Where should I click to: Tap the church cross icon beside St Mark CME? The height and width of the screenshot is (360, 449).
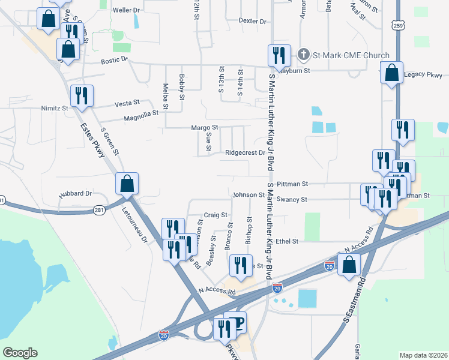click(304, 56)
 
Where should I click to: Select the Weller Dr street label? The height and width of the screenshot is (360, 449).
click(126, 10)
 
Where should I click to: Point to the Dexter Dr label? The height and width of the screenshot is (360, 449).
click(252, 21)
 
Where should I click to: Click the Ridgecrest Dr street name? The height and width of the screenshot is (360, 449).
click(245, 152)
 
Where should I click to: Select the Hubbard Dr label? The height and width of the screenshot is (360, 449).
click(75, 194)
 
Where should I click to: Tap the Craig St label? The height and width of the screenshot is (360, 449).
click(215, 215)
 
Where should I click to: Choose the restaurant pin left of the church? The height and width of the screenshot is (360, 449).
click(278, 56)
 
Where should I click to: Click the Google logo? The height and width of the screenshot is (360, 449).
click(20, 353)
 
